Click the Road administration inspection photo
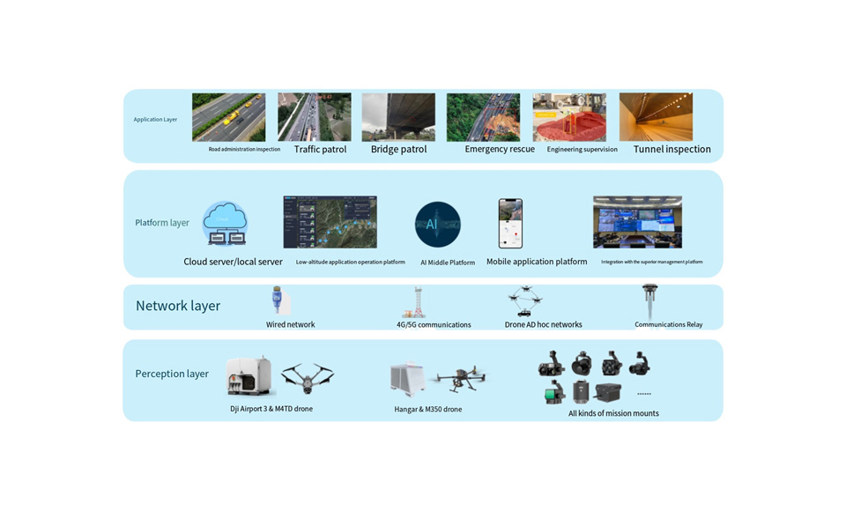click(x=228, y=117)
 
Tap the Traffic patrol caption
click(x=320, y=150)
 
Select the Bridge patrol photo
click(x=398, y=117)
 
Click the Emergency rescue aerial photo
click(x=483, y=117)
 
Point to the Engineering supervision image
click(x=569, y=117)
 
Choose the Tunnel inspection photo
click(x=656, y=117)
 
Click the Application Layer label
click(x=155, y=119)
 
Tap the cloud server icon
click(x=225, y=224)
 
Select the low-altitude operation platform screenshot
click(x=330, y=222)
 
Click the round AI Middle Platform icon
click(x=438, y=224)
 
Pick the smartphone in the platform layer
click(x=510, y=223)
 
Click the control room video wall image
click(x=637, y=222)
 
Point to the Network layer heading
click(x=178, y=306)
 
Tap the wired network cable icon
click(x=280, y=300)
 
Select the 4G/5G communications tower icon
click(x=413, y=302)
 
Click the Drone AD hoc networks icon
click(x=525, y=300)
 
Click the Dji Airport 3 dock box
click(x=250, y=377)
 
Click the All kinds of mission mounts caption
click(x=613, y=413)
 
